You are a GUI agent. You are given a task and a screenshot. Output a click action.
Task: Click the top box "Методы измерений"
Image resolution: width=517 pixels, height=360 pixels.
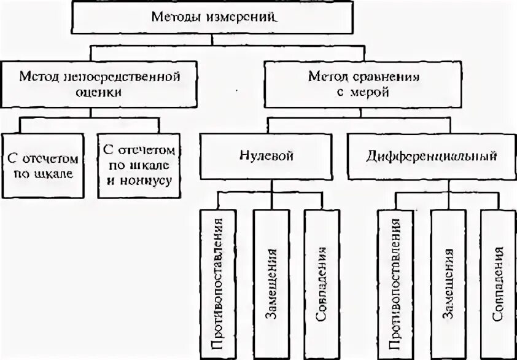[212, 17]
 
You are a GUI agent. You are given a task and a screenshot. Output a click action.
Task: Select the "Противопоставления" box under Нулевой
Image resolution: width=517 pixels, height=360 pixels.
[219, 283]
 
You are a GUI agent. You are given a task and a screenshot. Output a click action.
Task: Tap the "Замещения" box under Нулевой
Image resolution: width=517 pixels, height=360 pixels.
[270, 283]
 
